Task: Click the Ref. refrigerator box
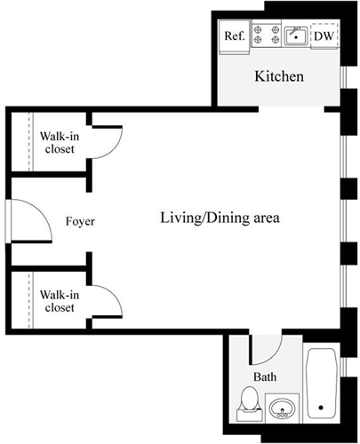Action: click(234, 36)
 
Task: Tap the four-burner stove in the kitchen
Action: click(264, 36)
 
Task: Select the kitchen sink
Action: click(295, 36)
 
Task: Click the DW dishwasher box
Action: click(324, 36)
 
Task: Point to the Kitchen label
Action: click(279, 76)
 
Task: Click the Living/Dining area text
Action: click(220, 218)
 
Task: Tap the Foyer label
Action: click(80, 221)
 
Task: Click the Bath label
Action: click(265, 377)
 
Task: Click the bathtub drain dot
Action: click(322, 408)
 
